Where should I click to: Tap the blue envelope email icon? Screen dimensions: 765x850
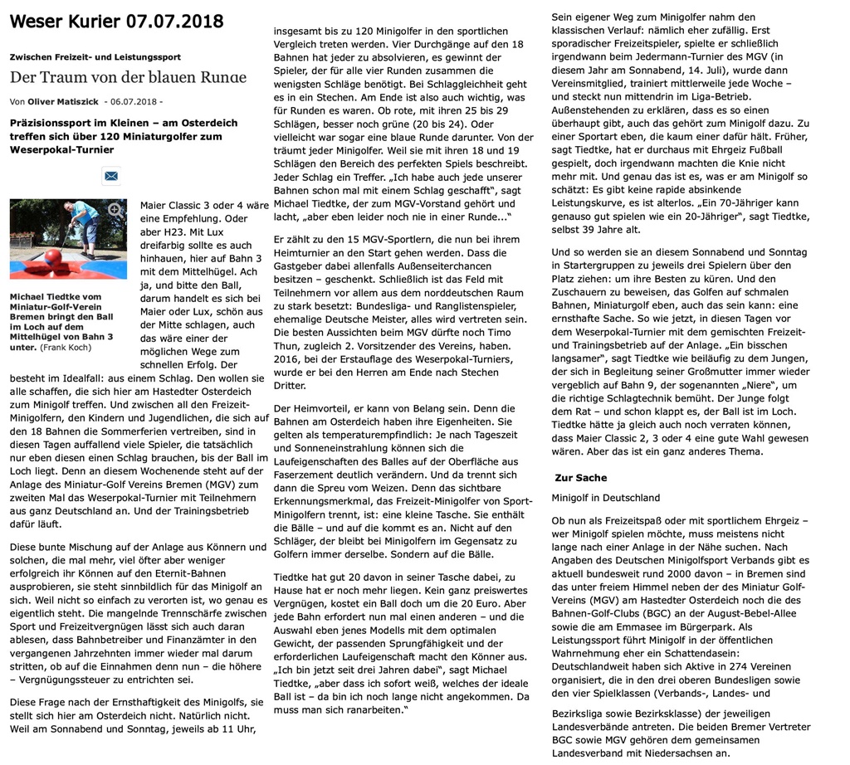click(111, 175)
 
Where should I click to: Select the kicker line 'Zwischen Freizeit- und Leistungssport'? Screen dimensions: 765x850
click(95, 56)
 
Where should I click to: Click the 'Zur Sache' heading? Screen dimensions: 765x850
click(580, 478)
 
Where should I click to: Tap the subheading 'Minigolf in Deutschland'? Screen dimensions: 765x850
click(605, 498)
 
